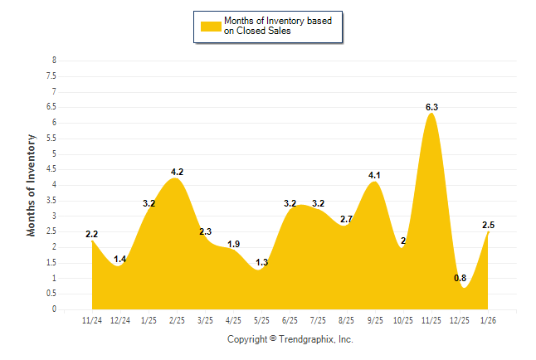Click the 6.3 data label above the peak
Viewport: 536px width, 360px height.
tap(431, 107)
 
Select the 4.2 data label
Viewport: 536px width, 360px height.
tap(177, 172)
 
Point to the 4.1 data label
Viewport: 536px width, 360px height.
tap(374, 175)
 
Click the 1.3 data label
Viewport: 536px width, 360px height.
tap(261, 262)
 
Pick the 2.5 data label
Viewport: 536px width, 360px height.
tap(488, 225)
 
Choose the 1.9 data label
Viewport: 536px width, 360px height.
tap(234, 244)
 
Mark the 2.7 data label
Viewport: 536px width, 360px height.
tap(347, 219)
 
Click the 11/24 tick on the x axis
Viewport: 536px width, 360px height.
tap(93, 320)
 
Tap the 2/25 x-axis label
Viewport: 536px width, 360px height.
tap(178, 320)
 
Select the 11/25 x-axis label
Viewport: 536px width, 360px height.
tap(431, 320)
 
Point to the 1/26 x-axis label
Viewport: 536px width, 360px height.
tap(488, 320)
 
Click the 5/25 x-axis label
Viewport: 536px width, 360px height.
tap(262, 320)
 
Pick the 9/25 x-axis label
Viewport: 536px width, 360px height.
tap(375, 320)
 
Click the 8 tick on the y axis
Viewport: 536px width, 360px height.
tap(55, 61)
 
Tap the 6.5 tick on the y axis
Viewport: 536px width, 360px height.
tap(51, 107)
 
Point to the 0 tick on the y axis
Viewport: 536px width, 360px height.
tap(55, 309)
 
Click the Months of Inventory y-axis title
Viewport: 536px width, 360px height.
tap(32, 185)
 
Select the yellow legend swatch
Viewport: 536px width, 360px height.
tap(211, 27)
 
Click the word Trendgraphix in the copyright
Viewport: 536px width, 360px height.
tap(305, 339)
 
